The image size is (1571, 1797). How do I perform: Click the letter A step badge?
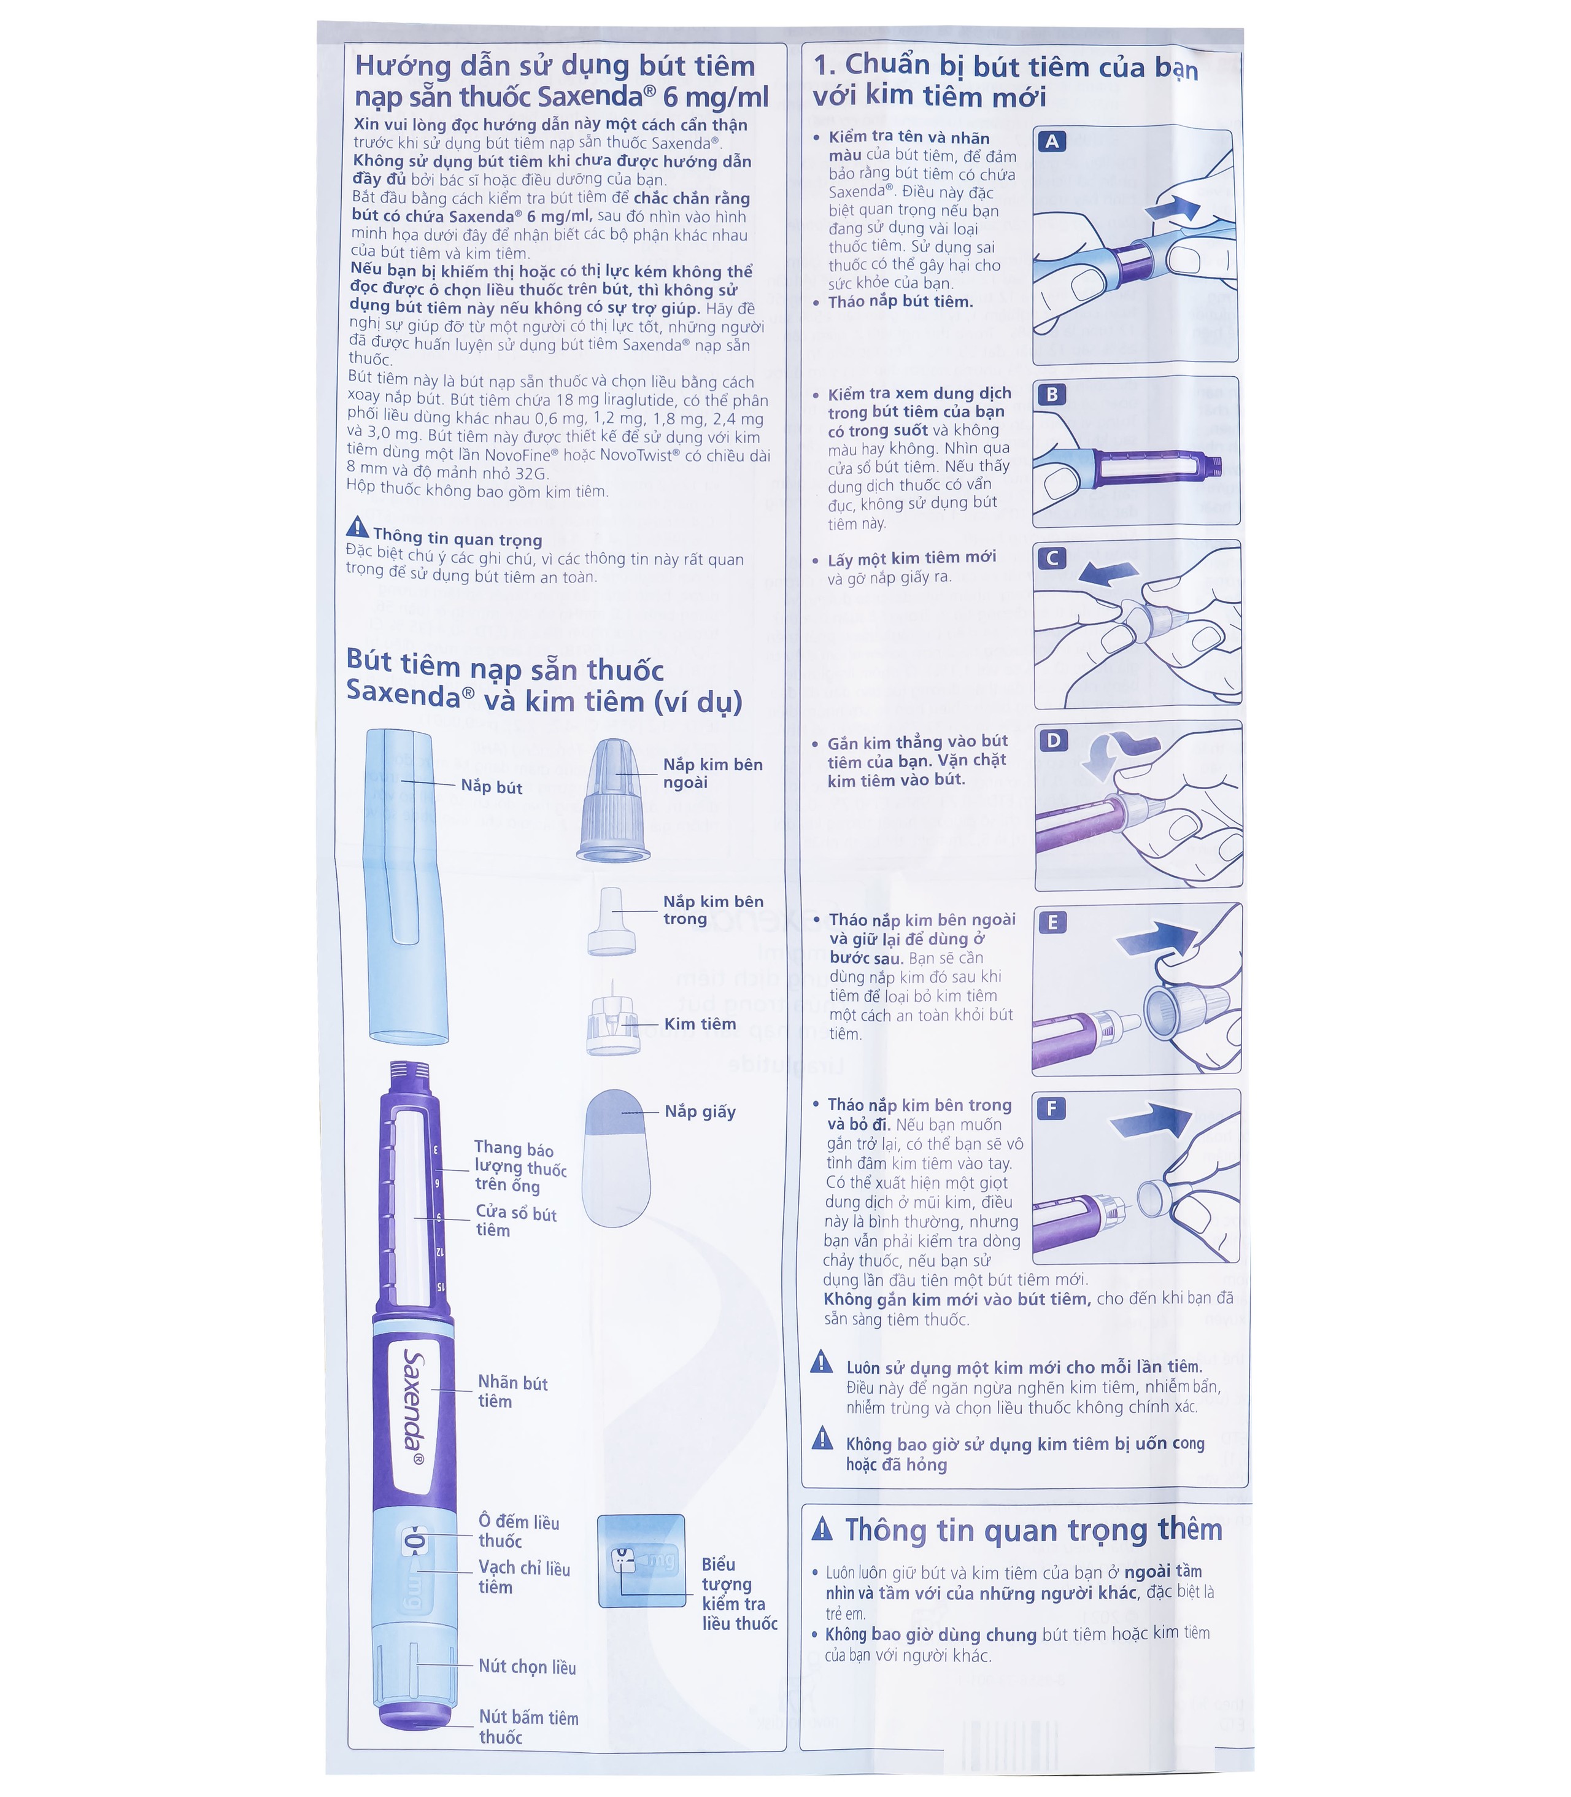pyautogui.click(x=1051, y=142)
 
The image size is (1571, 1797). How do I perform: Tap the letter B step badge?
pyautogui.click(x=1051, y=395)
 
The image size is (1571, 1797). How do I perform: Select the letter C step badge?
pyautogui.click(x=1051, y=558)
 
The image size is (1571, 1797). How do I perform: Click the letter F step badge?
pyautogui.click(x=1051, y=1109)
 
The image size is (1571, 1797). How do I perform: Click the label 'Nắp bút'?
pyautogui.click(x=491, y=787)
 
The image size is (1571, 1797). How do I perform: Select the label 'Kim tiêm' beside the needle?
pyautogui.click(x=700, y=1024)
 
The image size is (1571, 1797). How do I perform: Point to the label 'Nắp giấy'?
pyautogui.click(x=700, y=1111)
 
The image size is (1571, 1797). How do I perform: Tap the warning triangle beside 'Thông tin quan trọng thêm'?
pyautogui.click(x=822, y=1529)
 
